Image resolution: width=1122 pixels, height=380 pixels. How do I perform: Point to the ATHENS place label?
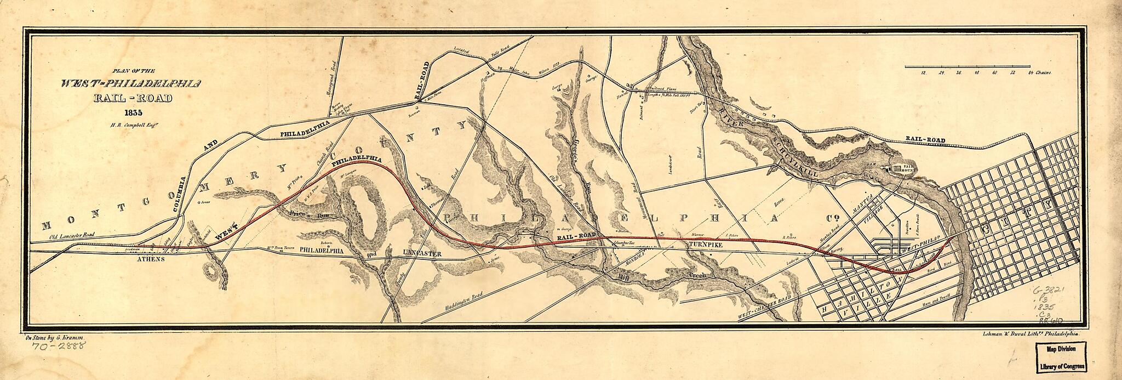[150, 259]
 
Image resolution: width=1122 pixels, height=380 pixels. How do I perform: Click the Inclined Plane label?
[663, 88]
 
